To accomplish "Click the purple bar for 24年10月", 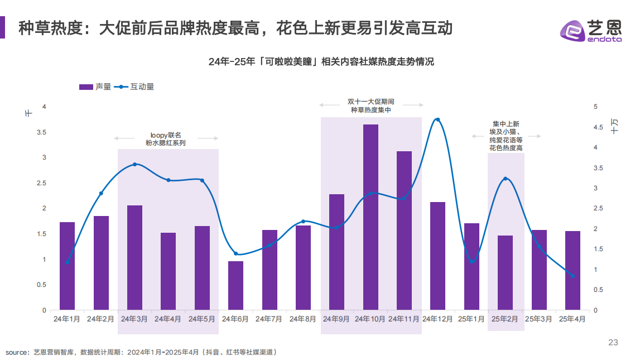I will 370,217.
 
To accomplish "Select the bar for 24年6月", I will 235,285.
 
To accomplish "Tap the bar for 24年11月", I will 404,231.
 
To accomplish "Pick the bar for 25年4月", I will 572,270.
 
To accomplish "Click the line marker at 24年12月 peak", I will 437,119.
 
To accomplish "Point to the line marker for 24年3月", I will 134,164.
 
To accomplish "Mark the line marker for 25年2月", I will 505,179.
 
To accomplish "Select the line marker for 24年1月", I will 67,262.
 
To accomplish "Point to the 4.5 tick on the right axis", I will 598,127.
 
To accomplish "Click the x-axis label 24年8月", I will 303,319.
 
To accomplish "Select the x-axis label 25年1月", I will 471,319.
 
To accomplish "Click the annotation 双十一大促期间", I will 371,102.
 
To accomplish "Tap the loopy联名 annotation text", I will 166,135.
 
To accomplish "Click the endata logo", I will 590,28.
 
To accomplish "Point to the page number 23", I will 613,343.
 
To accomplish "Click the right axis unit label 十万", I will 614,126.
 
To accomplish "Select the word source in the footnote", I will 17,352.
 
